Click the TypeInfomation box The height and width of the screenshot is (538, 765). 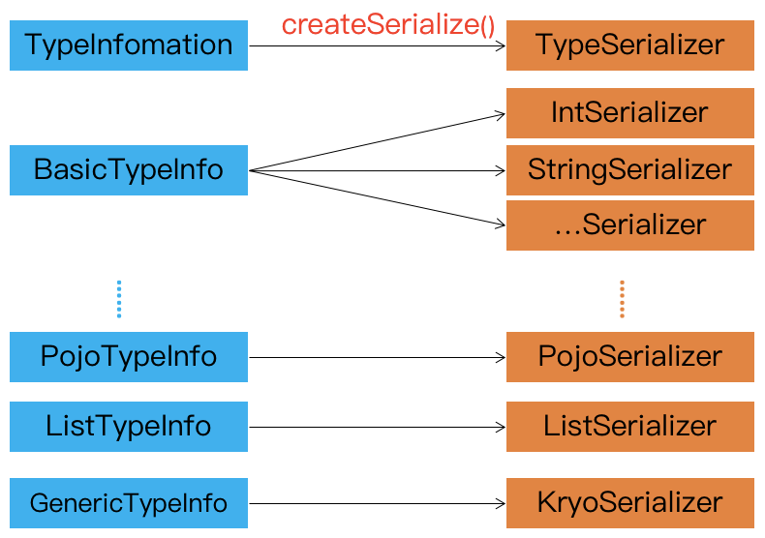pyautogui.click(x=129, y=45)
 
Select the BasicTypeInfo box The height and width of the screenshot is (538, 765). pyautogui.click(x=129, y=170)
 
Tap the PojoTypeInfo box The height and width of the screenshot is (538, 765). pyautogui.click(x=129, y=356)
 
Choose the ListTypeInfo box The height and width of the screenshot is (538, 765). pyautogui.click(x=129, y=427)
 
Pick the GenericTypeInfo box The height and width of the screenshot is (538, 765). pyautogui.click(x=129, y=503)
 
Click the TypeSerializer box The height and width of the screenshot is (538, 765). pyautogui.click(x=629, y=45)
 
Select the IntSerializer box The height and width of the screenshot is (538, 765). pyautogui.click(x=629, y=113)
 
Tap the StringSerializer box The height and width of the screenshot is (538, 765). pyautogui.click(x=629, y=170)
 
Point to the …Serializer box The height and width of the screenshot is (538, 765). pyautogui.click(x=629, y=225)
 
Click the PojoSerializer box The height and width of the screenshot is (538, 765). pyautogui.click(x=629, y=356)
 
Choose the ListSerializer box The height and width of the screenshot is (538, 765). pyautogui.click(x=629, y=427)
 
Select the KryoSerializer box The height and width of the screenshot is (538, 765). pyautogui.click(x=629, y=503)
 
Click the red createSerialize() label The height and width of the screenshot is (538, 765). pyautogui.click(x=388, y=25)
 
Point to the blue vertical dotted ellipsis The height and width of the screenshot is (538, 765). pyautogui.click(x=119, y=299)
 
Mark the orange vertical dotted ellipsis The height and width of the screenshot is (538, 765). pyautogui.click(x=622, y=299)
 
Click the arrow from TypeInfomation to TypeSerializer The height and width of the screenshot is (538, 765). pyautogui.click(x=378, y=45)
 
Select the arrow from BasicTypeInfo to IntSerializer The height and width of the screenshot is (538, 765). pyautogui.click(x=378, y=142)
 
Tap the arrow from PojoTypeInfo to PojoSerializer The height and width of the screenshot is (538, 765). pyautogui.click(x=378, y=356)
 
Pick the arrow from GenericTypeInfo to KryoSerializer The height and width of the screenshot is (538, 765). pyautogui.click(x=378, y=503)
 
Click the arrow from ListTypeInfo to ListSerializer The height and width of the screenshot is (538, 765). pyautogui.click(x=378, y=427)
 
